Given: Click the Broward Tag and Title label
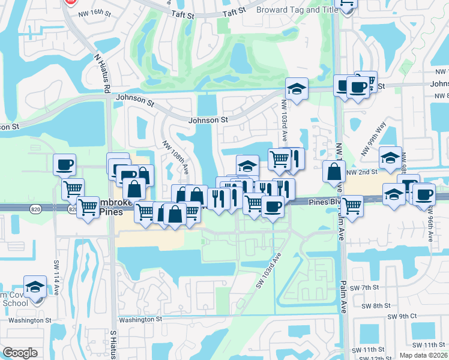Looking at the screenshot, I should pyautogui.click(x=296, y=10).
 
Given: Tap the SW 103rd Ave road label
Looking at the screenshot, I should pyautogui.click(x=270, y=269).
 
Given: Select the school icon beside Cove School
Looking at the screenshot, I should pyautogui.click(x=35, y=287).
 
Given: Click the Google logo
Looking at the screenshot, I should pyautogui.click(x=20, y=353).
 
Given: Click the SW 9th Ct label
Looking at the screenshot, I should pyautogui.click(x=402, y=316).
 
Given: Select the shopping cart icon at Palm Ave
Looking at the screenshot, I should pyautogui.click(x=351, y=207).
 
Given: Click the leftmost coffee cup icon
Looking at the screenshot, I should pyautogui.click(x=64, y=164).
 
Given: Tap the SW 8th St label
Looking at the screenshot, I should pyautogui.click(x=377, y=306).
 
